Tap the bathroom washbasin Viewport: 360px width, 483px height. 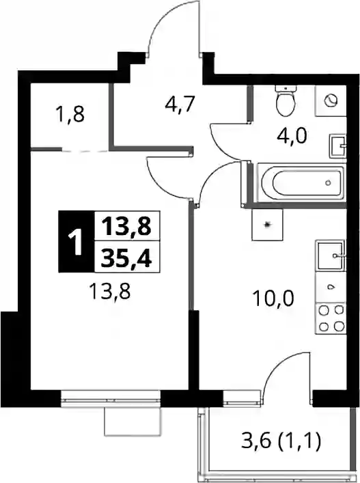(338, 146)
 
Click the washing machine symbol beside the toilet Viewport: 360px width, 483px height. (331, 100)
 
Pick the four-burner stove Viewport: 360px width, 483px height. (331, 318)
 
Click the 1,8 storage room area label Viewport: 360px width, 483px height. (70, 114)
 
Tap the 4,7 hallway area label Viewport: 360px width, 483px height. (180, 104)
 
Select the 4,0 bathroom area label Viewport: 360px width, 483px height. (292, 135)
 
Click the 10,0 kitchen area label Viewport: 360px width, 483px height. (273, 298)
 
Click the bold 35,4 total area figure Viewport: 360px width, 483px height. (126, 257)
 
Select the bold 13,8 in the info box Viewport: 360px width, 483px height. (126, 226)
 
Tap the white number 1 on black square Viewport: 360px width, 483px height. (76, 242)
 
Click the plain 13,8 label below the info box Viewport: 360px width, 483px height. (110, 291)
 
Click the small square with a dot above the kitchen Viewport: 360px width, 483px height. (267, 225)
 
